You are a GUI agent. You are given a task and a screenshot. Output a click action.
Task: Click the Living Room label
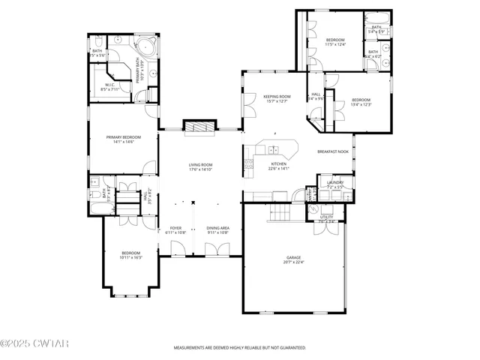pos(200,164)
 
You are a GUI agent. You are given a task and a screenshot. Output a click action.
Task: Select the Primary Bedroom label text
pos(124,137)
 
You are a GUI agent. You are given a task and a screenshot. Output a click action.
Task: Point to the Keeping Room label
pos(277,96)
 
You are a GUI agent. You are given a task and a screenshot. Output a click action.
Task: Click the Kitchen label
pos(278,163)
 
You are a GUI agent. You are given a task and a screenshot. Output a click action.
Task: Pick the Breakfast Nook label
pos(333,151)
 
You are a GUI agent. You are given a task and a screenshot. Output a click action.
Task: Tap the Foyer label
pos(175,228)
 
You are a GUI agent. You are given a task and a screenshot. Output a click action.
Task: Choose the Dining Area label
pos(217,228)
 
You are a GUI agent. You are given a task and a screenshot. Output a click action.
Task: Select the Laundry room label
pos(334,182)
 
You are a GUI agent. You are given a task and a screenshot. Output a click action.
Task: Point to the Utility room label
pos(326,217)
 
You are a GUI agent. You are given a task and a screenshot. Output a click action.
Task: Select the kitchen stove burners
pos(250,164)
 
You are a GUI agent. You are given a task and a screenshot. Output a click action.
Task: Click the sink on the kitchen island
pos(276,145)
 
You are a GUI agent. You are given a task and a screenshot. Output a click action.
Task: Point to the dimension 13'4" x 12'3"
pos(361,104)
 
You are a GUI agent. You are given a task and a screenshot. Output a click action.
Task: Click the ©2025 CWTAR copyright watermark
pos(34,343)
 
